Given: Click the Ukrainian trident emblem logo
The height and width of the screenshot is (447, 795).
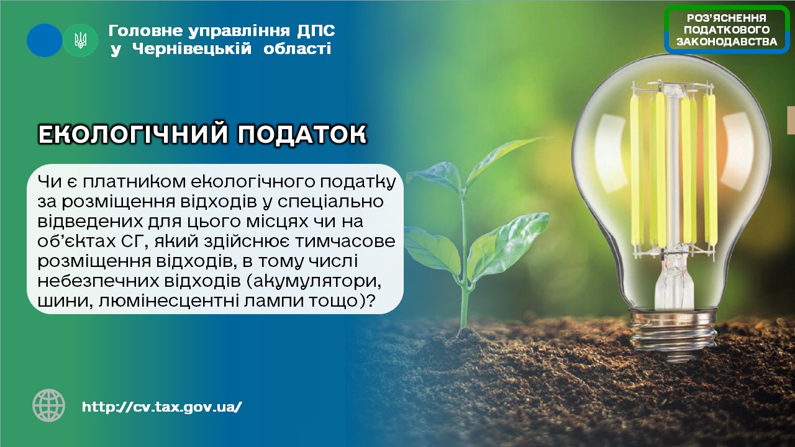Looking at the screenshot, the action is tap(80, 40).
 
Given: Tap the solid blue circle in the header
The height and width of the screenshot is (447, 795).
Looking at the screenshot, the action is tap(44, 40).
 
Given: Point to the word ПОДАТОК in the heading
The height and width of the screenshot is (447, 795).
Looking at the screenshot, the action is tap(302, 134).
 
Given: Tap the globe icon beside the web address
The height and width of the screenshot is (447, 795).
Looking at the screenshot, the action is tap(48, 405).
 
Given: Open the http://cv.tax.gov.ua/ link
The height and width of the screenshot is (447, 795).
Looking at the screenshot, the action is tap(162, 407).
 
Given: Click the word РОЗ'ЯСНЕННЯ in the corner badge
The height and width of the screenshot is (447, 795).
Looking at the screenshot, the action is tap(726, 18).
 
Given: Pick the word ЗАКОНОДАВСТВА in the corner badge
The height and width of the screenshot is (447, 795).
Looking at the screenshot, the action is tap(727, 42).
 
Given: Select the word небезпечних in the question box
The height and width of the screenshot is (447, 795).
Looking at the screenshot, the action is tap(98, 281).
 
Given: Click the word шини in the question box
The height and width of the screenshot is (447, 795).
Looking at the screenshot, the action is tap(66, 301).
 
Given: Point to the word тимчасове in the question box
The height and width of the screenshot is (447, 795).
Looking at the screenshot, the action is tap(345, 242).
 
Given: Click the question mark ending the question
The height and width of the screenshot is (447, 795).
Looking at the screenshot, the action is tap(371, 301).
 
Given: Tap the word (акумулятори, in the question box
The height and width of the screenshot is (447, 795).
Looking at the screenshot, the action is tap(308, 282).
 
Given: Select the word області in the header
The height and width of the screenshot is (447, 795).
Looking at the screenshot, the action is tap(297, 48).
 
